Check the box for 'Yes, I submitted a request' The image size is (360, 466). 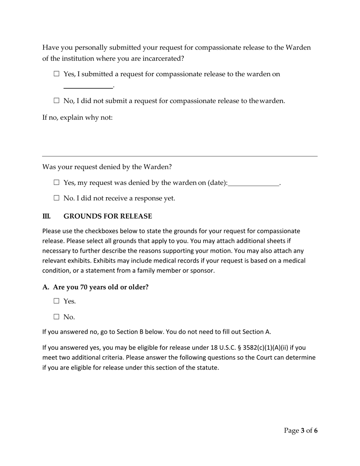(x=57, y=74)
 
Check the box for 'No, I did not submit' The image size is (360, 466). (x=57, y=101)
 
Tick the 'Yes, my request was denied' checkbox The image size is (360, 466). (x=57, y=183)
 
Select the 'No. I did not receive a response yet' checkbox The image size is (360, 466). (x=57, y=198)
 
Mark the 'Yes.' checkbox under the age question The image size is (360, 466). (x=57, y=301)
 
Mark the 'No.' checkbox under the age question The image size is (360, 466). (x=57, y=317)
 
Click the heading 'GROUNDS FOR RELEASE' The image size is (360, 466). (x=108, y=216)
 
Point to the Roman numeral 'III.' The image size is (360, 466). (x=46, y=216)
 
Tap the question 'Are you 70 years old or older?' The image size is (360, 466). (x=100, y=287)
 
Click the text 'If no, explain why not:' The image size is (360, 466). (x=77, y=117)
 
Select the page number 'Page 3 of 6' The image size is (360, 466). (x=301, y=430)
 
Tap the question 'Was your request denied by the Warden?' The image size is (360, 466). (x=107, y=167)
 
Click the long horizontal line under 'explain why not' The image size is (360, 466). (x=180, y=156)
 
